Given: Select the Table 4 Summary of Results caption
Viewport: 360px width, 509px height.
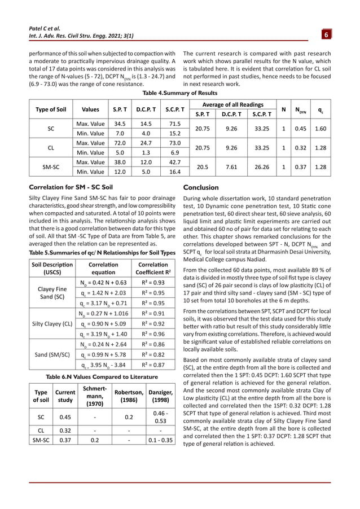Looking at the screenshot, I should click(180, 93).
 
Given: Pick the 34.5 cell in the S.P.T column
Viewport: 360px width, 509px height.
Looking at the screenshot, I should click(119, 123).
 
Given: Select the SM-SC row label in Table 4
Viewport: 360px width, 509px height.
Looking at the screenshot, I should click(51, 167).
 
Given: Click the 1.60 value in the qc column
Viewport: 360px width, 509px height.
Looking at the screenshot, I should click(321, 128).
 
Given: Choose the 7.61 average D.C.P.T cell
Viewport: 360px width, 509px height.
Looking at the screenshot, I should click(231, 167).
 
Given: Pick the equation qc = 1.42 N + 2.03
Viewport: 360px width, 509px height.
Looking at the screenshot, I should click(100, 293).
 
